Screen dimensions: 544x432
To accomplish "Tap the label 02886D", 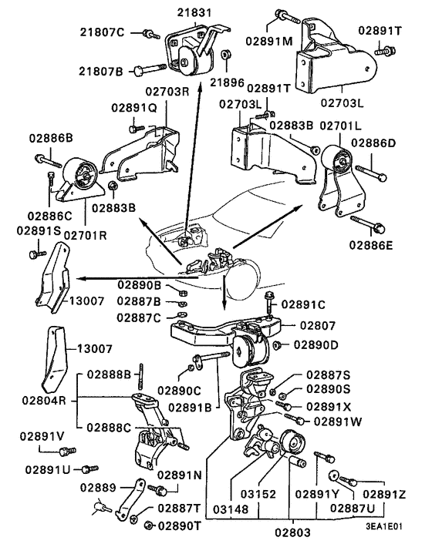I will pyautogui.click(x=374, y=143).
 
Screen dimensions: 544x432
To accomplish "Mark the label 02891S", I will pyautogui.click(x=35, y=230).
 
